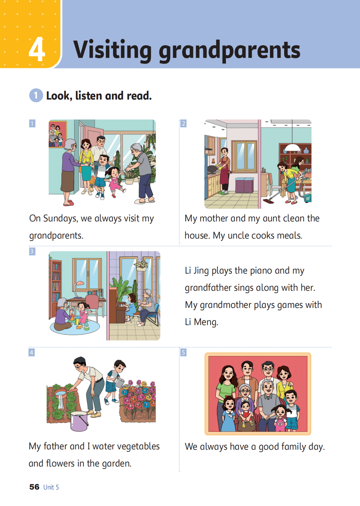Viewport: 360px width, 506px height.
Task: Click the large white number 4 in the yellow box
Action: (37, 49)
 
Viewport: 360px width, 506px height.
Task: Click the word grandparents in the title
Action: (229, 50)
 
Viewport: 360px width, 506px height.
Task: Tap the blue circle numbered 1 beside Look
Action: (36, 95)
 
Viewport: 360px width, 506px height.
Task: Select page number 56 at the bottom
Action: (34, 487)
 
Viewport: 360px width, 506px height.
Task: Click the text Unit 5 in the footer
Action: (51, 487)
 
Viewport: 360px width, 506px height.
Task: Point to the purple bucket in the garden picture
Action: (79, 421)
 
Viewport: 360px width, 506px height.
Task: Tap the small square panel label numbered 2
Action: (183, 123)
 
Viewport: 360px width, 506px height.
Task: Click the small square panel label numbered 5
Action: (183, 353)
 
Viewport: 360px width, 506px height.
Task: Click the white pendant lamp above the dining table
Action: (292, 148)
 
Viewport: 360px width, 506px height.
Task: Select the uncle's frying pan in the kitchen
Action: (213, 169)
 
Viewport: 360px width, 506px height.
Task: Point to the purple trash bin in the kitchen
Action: (244, 185)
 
